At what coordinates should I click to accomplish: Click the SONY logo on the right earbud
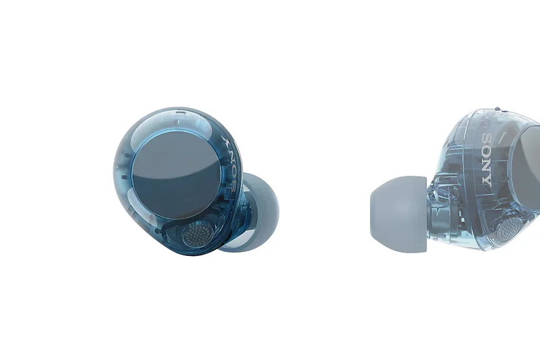click(x=487, y=159)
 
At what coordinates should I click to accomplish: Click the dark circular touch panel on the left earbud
click(x=176, y=176)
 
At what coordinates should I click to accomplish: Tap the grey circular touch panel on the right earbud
click(x=526, y=165)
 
